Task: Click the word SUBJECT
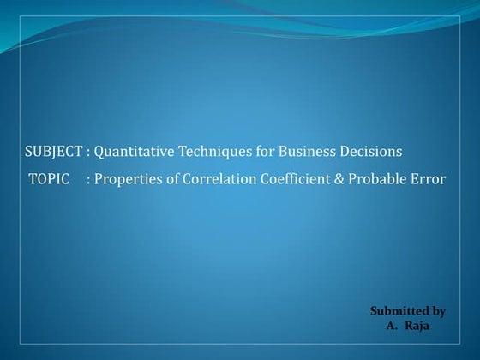click(x=53, y=152)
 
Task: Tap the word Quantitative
click(x=133, y=152)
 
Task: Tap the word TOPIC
click(x=48, y=179)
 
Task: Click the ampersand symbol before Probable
click(x=345, y=179)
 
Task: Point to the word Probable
click(x=382, y=179)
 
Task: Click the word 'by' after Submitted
click(x=437, y=311)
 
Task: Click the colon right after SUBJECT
click(x=88, y=153)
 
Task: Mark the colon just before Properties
click(x=89, y=180)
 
